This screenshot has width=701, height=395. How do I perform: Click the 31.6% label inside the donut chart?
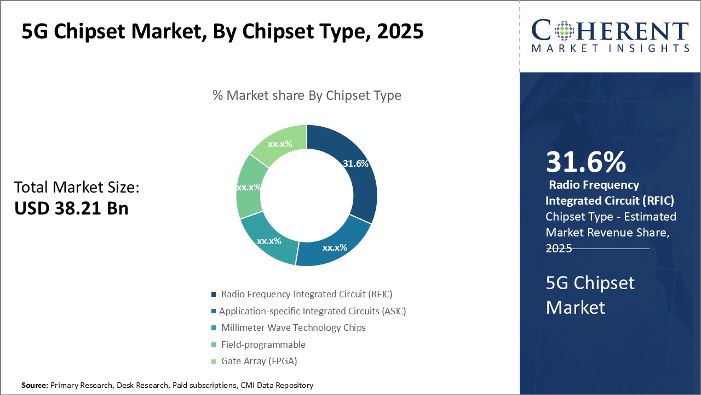pyautogui.click(x=355, y=163)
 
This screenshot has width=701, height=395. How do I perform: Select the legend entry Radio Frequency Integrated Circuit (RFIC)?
pyautogui.click(x=307, y=294)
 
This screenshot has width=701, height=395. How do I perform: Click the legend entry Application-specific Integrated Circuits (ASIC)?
pyautogui.click(x=312, y=311)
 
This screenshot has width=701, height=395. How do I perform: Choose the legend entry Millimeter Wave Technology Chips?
pyautogui.click(x=293, y=328)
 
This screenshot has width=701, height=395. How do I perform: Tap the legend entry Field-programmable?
pyautogui.click(x=263, y=345)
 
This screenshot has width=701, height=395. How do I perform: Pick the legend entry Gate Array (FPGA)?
pyautogui.click(x=258, y=361)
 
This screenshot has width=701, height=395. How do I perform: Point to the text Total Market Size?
pyautogui.click(x=77, y=187)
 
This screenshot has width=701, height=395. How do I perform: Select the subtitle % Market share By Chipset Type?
pyautogui.click(x=307, y=95)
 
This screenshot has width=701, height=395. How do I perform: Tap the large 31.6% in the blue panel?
pyautogui.click(x=585, y=162)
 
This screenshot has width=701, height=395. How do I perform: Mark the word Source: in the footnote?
pyautogui.click(x=35, y=386)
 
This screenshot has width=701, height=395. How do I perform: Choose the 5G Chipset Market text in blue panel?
pyautogui.click(x=590, y=295)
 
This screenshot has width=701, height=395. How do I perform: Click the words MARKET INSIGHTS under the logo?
pyautogui.click(x=610, y=49)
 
